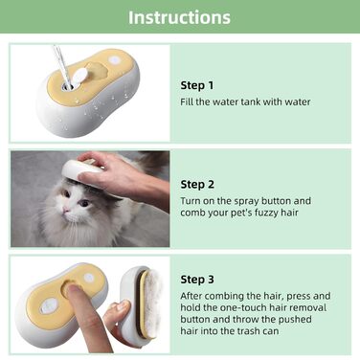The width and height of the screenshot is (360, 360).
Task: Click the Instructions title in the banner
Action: tap(179, 17)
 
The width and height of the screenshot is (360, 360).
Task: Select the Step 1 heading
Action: tap(197, 85)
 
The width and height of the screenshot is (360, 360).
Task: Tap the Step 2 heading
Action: tap(197, 185)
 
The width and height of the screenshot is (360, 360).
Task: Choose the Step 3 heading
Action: tap(197, 280)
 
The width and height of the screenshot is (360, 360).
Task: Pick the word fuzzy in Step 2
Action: tap(265, 213)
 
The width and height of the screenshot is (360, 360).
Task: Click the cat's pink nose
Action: tap(66, 210)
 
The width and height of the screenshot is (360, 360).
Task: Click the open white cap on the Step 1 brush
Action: tap(79, 78)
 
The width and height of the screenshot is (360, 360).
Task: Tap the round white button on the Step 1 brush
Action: tap(114, 60)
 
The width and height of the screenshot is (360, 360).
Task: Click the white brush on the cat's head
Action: tap(83, 170)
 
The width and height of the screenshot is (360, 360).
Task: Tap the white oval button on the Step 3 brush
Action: tap(48, 305)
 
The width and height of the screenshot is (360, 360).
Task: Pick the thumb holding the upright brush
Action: tap(117, 309)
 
